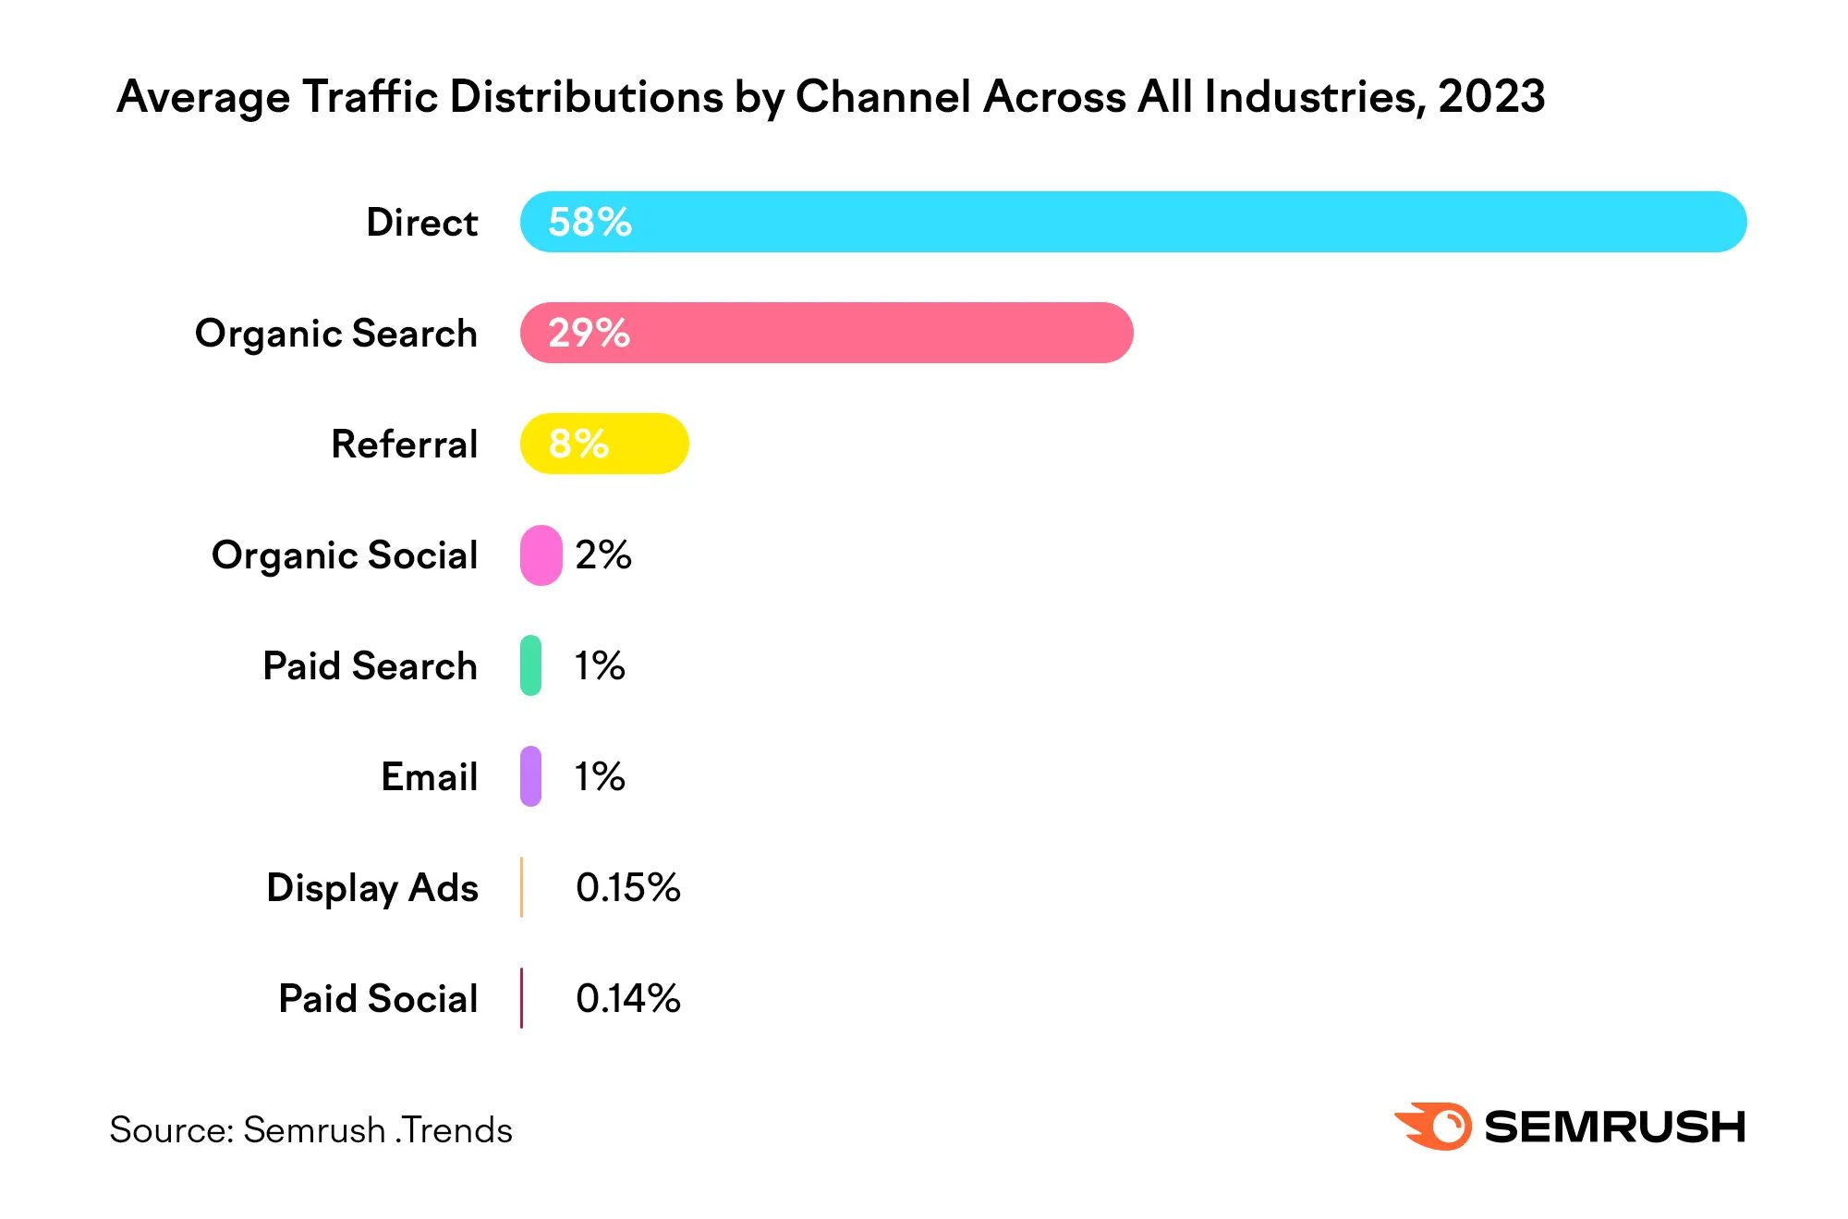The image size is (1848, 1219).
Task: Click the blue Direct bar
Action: pyautogui.click(x=1132, y=222)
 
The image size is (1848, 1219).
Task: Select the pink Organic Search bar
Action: pyautogui.click(x=827, y=333)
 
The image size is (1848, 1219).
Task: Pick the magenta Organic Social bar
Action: pyautogui.click(x=541, y=555)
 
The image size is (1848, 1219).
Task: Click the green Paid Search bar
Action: pyautogui.click(x=530, y=665)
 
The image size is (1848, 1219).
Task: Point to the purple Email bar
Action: pyautogui.click(x=530, y=776)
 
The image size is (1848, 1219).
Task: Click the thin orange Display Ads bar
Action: pyautogui.click(x=522, y=887)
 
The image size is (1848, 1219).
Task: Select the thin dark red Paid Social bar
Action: pyautogui.click(x=522, y=998)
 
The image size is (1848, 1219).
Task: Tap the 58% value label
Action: pyautogui.click(x=590, y=222)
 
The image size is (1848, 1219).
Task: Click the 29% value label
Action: pyautogui.click(x=589, y=333)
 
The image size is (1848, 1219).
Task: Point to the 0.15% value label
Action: pyautogui.click(x=627, y=887)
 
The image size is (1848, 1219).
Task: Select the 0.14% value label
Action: pyautogui.click(x=627, y=998)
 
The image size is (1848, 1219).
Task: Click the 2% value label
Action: pyautogui.click(x=602, y=555)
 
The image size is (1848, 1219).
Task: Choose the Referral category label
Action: pyautogui.click(x=405, y=445)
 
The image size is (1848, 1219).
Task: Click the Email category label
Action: pyautogui.click(x=430, y=777)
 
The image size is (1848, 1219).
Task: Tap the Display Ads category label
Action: pyautogui.click(x=372, y=888)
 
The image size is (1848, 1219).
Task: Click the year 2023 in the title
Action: pyautogui.click(x=1491, y=97)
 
